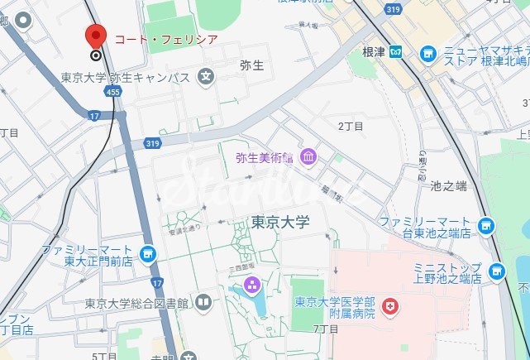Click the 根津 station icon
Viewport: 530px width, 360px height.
click(x=398, y=53)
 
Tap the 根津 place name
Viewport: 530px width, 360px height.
click(x=374, y=53)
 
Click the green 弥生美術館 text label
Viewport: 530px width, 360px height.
click(x=263, y=156)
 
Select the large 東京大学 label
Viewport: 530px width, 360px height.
click(x=279, y=223)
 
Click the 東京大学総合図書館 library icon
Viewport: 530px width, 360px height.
click(x=203, y=303)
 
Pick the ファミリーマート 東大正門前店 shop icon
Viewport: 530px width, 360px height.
click(x=148, y=253)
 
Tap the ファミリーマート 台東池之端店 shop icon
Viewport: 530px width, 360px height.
click(x=485, y=224)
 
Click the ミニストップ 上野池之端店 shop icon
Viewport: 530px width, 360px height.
click(x=496, y=271)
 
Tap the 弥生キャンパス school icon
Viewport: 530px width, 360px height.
click(x=206, y=78)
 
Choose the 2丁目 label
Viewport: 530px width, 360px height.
click(x=351, y=125)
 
